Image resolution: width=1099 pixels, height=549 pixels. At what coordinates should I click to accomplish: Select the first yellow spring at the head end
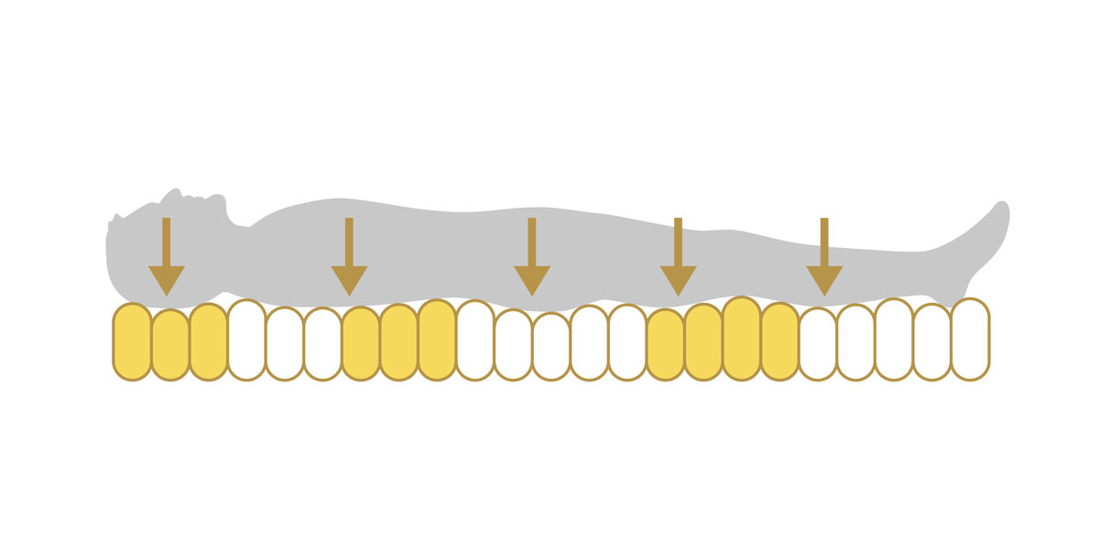(132, 341)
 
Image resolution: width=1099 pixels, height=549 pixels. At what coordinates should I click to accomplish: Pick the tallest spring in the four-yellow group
(741, 339)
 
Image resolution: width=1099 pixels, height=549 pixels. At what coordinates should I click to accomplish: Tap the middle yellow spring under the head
(170, 345)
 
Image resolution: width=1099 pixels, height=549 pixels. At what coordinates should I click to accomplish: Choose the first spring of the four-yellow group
(665, 344)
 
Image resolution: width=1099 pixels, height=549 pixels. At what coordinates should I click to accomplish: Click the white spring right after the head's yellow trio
(246, 339)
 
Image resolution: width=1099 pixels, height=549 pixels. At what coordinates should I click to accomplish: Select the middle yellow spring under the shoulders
(398, 342)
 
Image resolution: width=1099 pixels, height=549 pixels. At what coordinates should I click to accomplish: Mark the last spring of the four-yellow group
(779, 341)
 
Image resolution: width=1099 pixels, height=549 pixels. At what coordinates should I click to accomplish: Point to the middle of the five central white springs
(551, 346)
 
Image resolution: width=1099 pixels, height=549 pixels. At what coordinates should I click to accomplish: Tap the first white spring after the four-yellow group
(818, 344)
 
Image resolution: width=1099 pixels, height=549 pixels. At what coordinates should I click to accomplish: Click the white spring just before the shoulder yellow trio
(322, 344)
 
